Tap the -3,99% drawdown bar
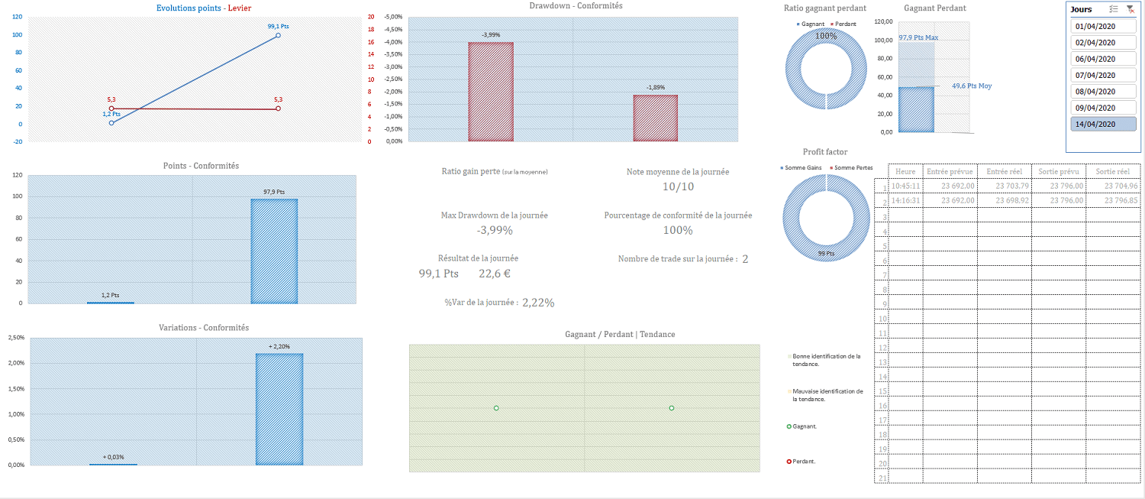pos(490,92)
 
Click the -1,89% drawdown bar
pos(655,118)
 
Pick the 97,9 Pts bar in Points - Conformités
pos(274,251)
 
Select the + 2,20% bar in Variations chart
pos(279,409)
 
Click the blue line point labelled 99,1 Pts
pos(278,35)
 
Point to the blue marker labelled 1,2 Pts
pos(111,122)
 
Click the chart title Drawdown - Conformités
pos(576,6)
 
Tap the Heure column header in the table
pos(905,171)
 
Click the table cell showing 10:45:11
pos(906,186)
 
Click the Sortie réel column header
pos(1112,171)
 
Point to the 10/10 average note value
pos(678,186)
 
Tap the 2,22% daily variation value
pos(538,303)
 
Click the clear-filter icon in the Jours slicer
pos(1130,9)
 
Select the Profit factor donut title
pos(824,152)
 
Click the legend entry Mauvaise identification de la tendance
pos(827,394)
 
